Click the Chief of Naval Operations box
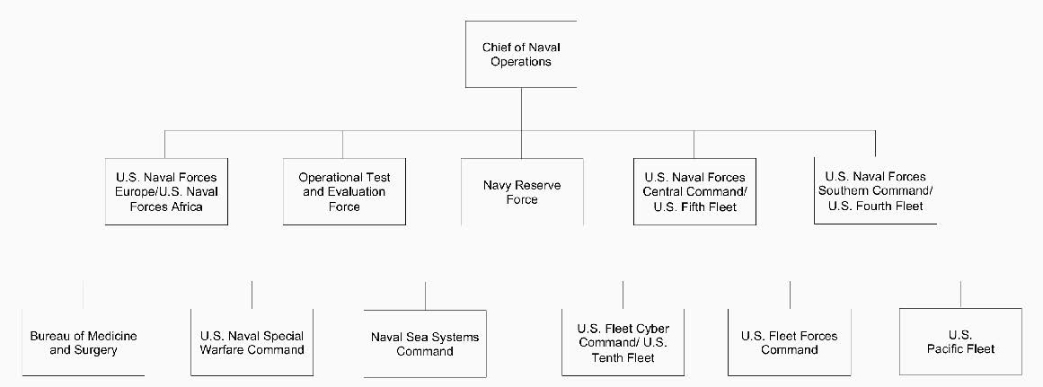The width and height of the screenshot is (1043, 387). [x=521, y=54]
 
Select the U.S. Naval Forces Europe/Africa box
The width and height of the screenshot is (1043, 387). [x=167, y=191]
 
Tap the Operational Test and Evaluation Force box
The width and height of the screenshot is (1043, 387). [x=344, y=191]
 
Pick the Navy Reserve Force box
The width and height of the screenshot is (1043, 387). [x=521, y=191]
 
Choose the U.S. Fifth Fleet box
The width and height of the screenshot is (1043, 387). [x=694, y=191]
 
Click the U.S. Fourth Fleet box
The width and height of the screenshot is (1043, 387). [x=875, y=191]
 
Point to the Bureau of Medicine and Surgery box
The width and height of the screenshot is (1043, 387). [x=84, y=342]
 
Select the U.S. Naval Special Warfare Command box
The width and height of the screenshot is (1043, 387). [x=252, y=342]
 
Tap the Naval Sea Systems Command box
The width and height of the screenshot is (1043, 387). [x=425, y=343]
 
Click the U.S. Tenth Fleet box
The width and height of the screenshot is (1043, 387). [x=623, y=342]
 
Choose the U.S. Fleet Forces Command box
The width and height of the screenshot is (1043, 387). [x=790, y=342]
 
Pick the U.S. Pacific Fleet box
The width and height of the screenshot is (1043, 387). [x=960, y=342]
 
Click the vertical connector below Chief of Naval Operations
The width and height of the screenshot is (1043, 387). [x=521, y=109]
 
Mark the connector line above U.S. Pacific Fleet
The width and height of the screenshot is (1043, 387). [x=960, y=295]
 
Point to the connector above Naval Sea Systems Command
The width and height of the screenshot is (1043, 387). [x=425, y=295]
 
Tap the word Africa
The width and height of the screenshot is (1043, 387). [x=186, y=207]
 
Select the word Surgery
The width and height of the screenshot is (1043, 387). [x=94, y=349]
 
